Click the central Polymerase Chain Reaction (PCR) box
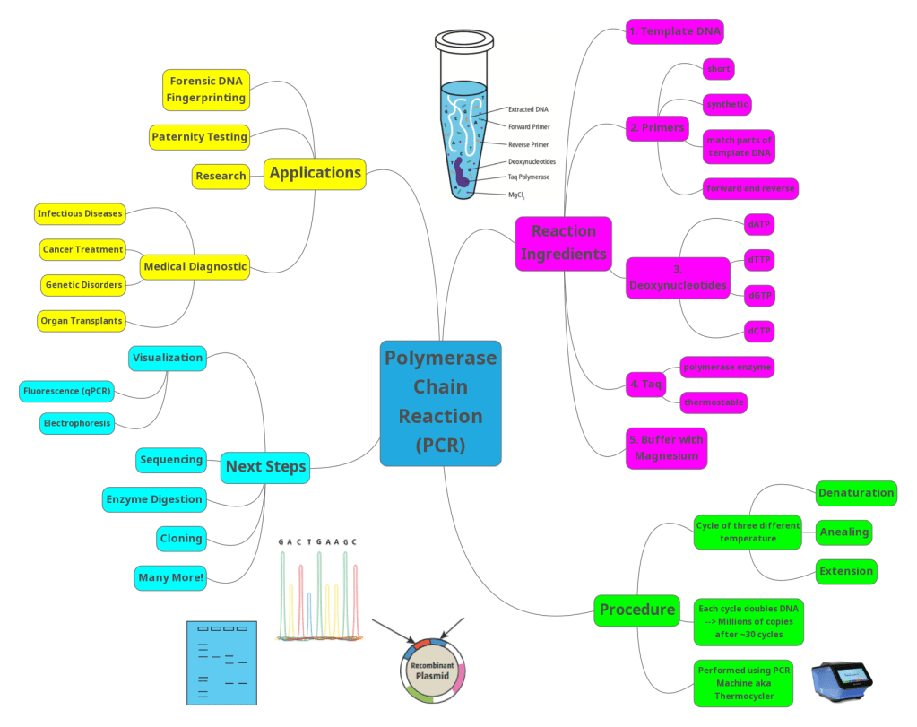[440, 402]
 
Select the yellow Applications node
[316, 173]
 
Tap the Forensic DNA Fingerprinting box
[204, 89]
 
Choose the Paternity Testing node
[199, 137]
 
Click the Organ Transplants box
[82, 320]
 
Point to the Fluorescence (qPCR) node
[74, 392]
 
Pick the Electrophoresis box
[77, 423]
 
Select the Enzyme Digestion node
[154, 499]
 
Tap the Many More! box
[171, 577]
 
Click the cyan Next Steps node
[265, 466]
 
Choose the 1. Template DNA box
[674, 31]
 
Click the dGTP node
[759, 296]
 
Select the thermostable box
[714, 402]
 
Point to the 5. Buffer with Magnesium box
[666, 447]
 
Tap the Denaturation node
[856, 492]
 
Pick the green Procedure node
[636, 610]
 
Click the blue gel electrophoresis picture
[221, 662]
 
